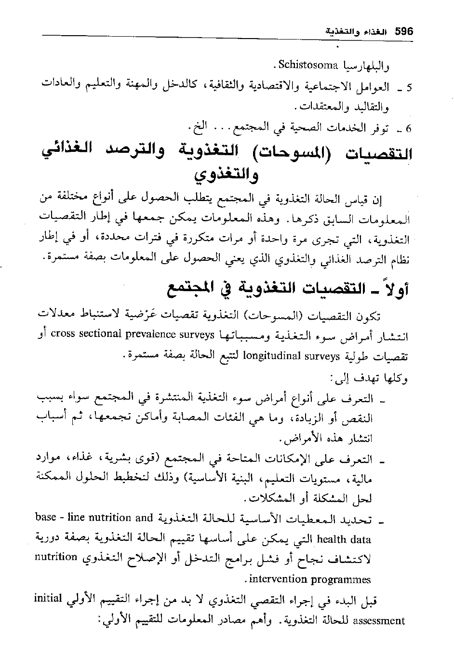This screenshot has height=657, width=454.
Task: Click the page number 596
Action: pos(404,31)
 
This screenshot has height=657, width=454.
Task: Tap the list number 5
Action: pos(409,88)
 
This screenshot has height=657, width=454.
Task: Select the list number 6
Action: pos(409,128)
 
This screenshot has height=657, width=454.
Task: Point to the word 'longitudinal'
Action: pos(272,357)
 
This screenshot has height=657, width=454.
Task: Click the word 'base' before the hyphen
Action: pos(47,518)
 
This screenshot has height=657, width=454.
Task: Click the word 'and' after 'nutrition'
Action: pos(145,518)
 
